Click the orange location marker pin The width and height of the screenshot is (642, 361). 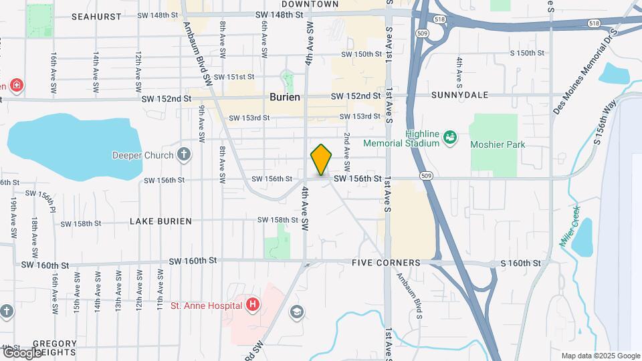(x=322, y=159)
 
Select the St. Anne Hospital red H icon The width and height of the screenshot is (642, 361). (x=253, y=306)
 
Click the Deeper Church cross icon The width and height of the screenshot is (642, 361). (x=184, y=156)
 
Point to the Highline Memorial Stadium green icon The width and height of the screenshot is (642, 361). (x=449, y=137)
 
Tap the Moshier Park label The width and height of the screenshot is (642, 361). (x=498, y=144)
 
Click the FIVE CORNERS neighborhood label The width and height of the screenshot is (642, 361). (x=386, y=263)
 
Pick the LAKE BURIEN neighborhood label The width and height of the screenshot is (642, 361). (x=160, y=221)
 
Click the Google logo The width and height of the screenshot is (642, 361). (x=21, y=352)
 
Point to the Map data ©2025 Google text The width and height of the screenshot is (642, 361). (x=600, y=356)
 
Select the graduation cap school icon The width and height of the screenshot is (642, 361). (x=296, y=312)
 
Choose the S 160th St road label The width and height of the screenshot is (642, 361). (x=521, y=263)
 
